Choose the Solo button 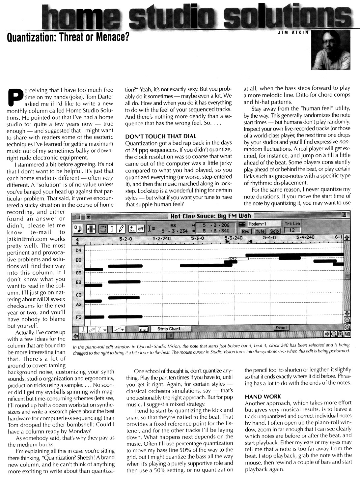[x=274, y=231]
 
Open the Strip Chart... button [x=170, y=329]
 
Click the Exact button [x=281, y=328]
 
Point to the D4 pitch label [x=78, y=251]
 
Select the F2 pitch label [x=78, y=317]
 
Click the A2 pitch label [x=78, y=304]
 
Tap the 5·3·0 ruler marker [x=198, y=238]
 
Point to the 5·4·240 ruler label [x=305, y=237]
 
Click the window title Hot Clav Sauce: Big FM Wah [x=211, y=216]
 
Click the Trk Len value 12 [x=292, y=230]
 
